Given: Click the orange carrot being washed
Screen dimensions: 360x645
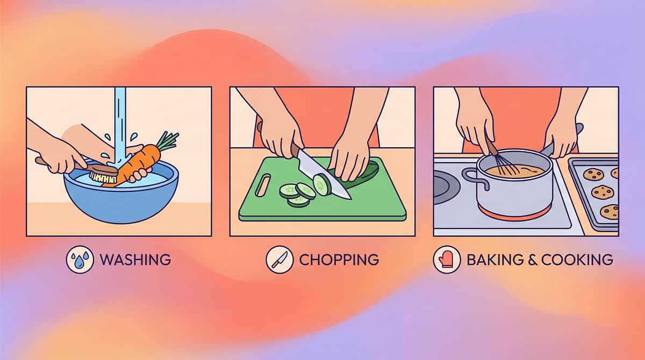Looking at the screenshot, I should tap(141, 161).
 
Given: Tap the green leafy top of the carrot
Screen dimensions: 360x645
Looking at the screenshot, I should tap(168, 140).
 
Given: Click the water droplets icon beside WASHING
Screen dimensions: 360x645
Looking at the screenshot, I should tap(80, 260).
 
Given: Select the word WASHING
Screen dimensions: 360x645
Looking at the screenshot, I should tap(135, 260).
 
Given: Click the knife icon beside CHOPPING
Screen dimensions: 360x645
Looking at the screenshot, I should tap(279, 260).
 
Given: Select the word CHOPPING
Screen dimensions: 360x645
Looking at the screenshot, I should tap(339, 260).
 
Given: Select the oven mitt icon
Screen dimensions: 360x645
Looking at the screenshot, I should tap(447, 260).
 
